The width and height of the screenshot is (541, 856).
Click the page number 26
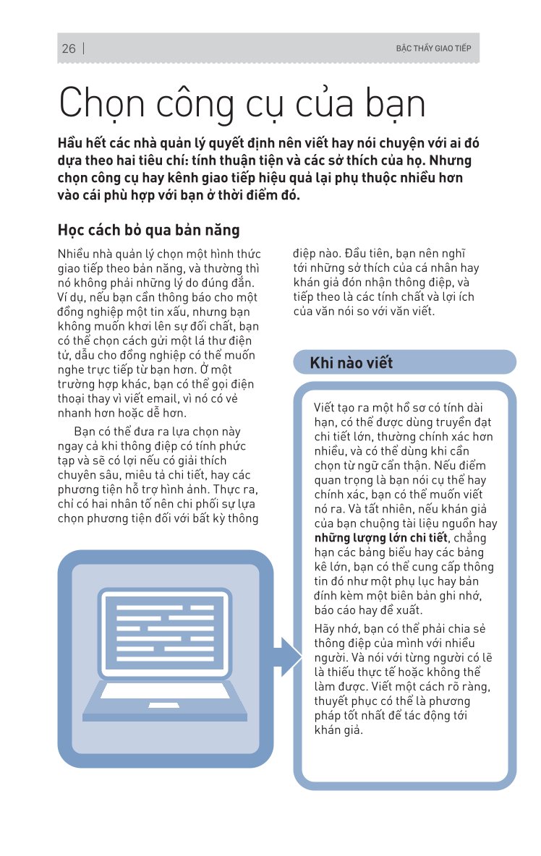pos(69,48)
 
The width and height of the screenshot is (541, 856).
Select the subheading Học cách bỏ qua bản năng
pos(148,231)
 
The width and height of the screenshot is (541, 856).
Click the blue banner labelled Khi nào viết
pos(404,362)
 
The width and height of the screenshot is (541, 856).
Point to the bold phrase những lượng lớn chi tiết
pos(380,537)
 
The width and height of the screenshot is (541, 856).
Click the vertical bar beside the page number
pos(85,48)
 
